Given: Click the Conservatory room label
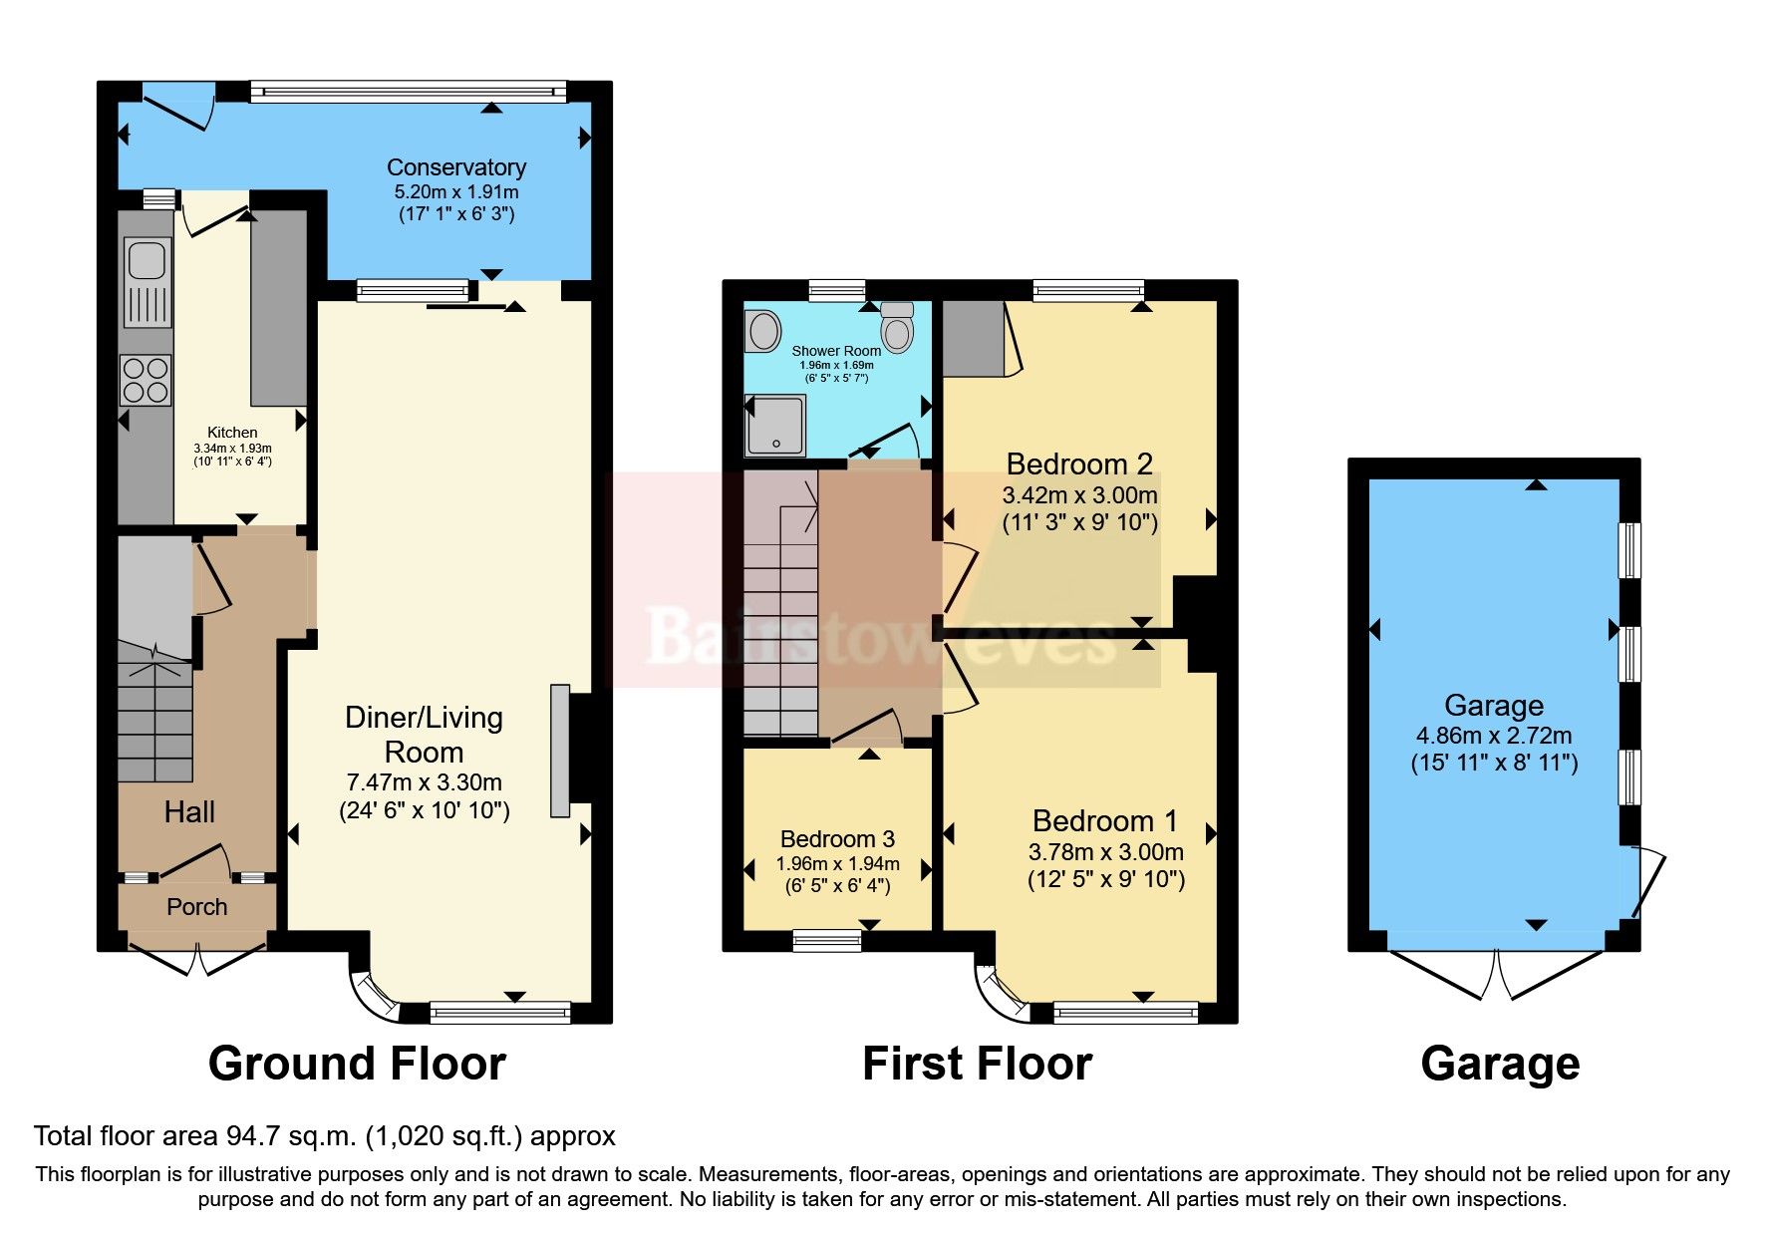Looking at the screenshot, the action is point(456,167).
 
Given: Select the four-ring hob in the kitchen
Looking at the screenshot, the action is point(146,381).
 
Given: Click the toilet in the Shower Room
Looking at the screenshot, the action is point(898,327).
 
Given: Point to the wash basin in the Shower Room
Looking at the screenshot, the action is point(764,331).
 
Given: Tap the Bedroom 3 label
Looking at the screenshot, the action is point(837,839).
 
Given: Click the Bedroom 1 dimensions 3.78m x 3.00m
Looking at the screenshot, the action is point(1106,852).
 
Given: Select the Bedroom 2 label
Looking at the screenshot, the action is point(1079,463).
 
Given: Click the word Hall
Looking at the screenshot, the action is point(189,812).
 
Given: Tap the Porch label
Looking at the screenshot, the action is point(197,907).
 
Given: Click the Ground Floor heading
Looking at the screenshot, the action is point(357,1064).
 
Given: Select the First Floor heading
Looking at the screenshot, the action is point(978,1064).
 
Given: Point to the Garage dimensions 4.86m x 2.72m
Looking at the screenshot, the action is point(1494,737).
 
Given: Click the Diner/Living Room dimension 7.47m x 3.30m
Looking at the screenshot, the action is point(424,782).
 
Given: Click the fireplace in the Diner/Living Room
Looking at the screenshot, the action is point(560,751).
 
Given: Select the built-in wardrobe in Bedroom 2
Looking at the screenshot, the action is point(975,339).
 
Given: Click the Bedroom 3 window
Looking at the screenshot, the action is point(826,940).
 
